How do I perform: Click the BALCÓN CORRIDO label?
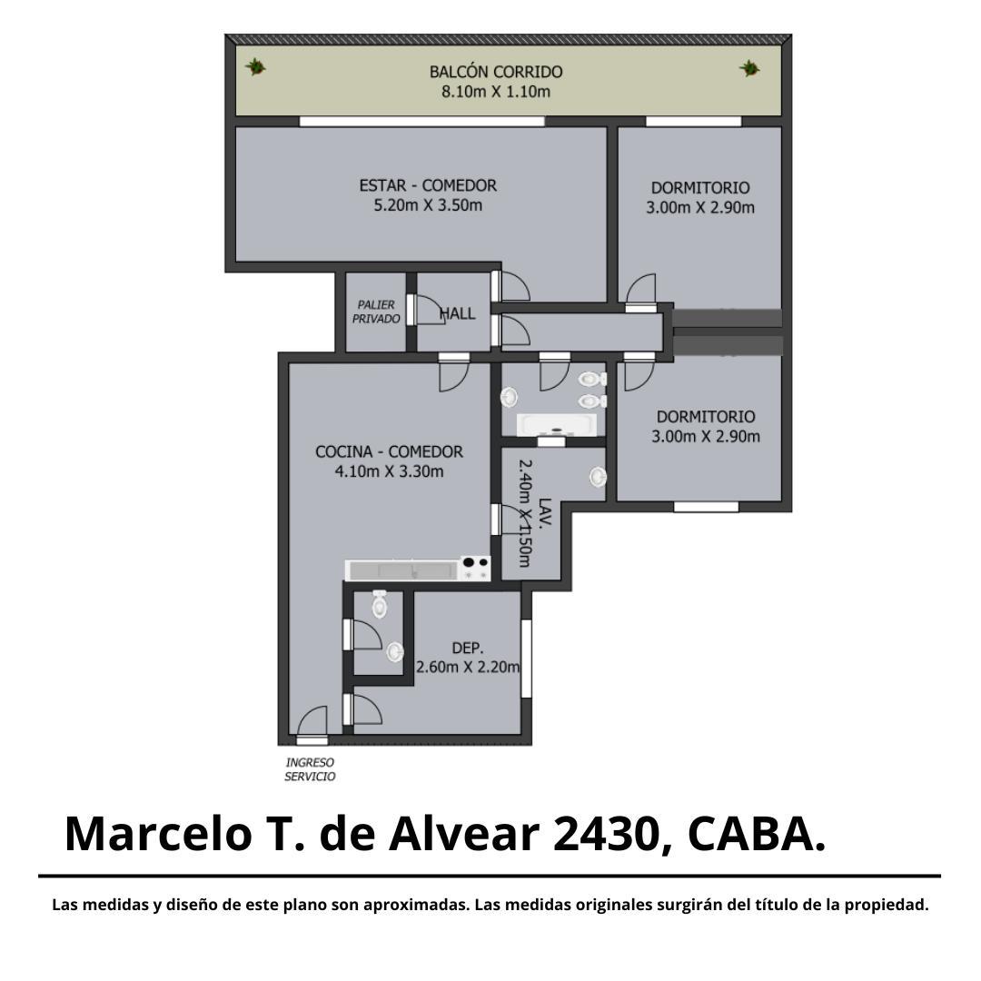click(496, 72)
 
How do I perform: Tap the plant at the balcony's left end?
click(255, 66)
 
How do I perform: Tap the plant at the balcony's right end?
click(748, 68)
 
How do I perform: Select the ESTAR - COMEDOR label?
click(428, 186)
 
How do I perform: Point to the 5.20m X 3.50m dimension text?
click(428, 206)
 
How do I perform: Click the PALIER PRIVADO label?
click(376, 312)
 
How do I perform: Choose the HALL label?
click(458, 313)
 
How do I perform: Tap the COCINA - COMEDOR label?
click(389, 451)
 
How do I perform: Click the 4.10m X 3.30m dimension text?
click(389, 471)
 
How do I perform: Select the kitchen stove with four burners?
click(475, 568)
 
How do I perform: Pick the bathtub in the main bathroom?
click(556, 425)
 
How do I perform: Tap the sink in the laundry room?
click(598, 477)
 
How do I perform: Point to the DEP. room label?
click(468, 649)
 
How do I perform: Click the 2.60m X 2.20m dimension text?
click(468, 668)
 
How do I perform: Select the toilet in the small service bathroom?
click(380, 604)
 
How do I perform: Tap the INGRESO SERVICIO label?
click(311, 769)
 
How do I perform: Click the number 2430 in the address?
click(605, 834)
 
